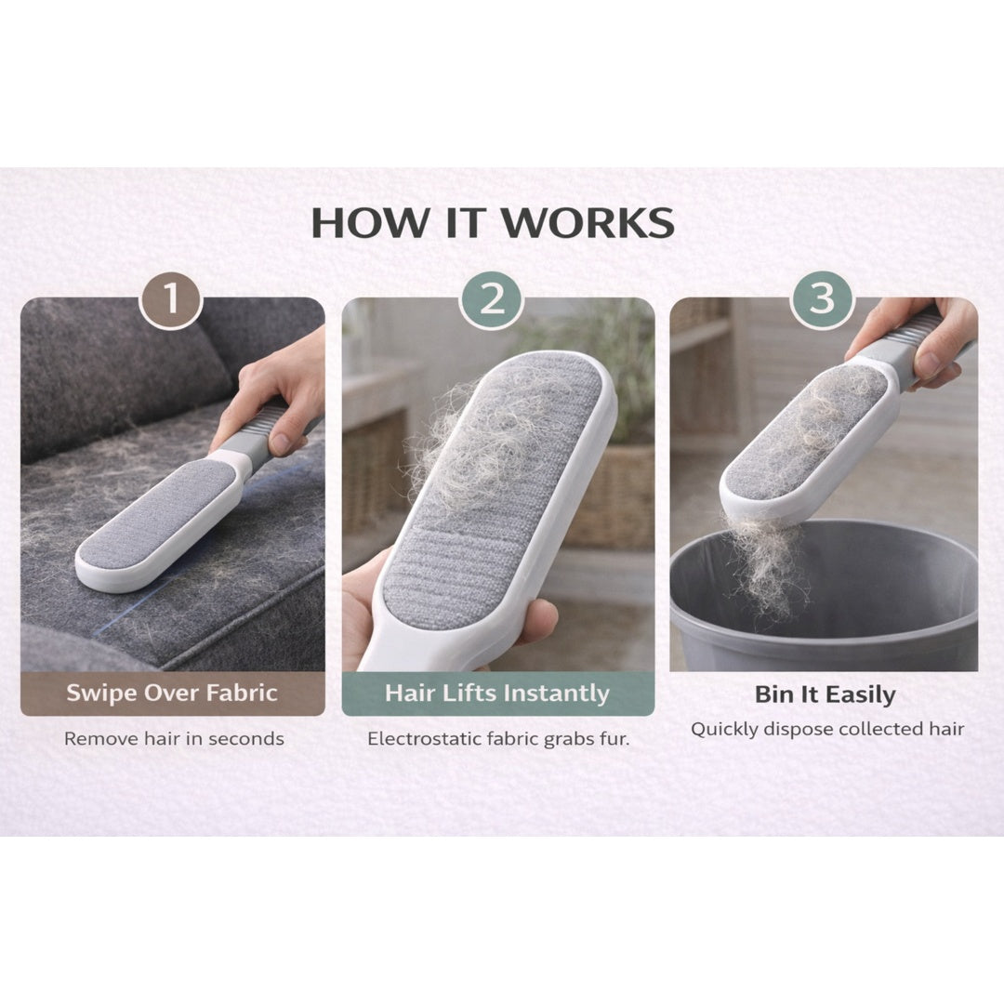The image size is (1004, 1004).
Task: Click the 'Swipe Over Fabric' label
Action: [x=172, y=694]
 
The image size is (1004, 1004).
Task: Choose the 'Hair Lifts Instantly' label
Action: [x=497, y=694]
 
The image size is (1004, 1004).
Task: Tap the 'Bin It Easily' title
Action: [x=825, y=694]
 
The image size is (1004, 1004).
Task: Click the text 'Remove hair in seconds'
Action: [x=174, y=739]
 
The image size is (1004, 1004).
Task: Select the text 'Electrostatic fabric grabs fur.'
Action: [x=498, y=739]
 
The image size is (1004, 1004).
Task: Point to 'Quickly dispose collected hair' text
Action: [x=826, y=730]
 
